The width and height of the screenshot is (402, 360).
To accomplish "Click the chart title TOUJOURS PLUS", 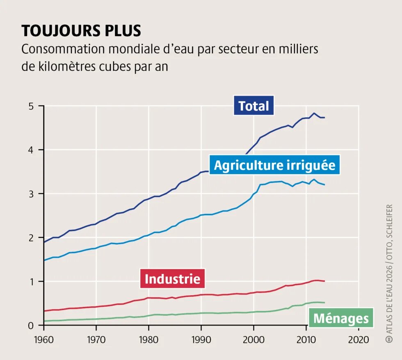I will coord(81,31).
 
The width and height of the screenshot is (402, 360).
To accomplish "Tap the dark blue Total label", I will coord(254,106).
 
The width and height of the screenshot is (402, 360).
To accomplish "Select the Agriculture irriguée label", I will coord(274,165).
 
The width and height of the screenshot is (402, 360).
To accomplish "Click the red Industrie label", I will coord(172,279).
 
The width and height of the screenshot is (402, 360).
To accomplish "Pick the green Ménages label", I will coord(341,319).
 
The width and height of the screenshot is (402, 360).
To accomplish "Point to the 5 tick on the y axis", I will coord(30,106).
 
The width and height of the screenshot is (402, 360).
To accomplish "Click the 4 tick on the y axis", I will coord(30,150).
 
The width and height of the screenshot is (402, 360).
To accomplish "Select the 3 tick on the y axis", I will coord(30,194).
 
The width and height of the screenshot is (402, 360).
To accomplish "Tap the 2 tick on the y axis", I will coord(30,238).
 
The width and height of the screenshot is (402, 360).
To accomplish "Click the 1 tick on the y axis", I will coord(30,282).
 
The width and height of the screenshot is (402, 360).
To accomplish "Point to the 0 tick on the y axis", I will coord(30,326).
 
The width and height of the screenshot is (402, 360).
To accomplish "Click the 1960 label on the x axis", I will coord(43,339).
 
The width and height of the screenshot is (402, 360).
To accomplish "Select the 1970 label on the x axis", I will coord(96,339).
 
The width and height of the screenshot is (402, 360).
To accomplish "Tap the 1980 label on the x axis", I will coord(148,339).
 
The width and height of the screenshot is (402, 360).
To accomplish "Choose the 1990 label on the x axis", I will coord(201,339).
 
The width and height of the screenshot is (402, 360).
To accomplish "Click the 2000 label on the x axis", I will coord(254,339).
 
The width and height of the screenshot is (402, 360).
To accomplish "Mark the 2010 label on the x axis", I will coord(306,339).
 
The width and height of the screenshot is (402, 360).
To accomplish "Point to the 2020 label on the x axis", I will coord(359,339).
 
